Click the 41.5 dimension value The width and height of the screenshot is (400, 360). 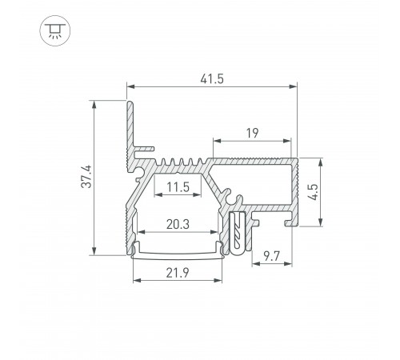(x=212, y=79)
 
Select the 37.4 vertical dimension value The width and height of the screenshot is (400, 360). (x=86, y=177)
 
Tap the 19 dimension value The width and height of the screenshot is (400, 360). (x=252, y=133)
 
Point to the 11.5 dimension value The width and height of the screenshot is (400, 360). (x=178, y=187)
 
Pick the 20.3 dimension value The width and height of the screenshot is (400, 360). (x=178, y=224)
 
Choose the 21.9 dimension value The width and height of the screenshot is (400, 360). (x=178, y=273)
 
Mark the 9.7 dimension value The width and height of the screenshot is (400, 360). (x=271, y=257)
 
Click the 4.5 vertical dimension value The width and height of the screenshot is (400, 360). (x=313, y=192)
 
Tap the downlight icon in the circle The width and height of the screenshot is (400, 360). (x=55, y=30)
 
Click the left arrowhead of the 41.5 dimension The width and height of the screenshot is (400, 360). (x=130, y=86)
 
